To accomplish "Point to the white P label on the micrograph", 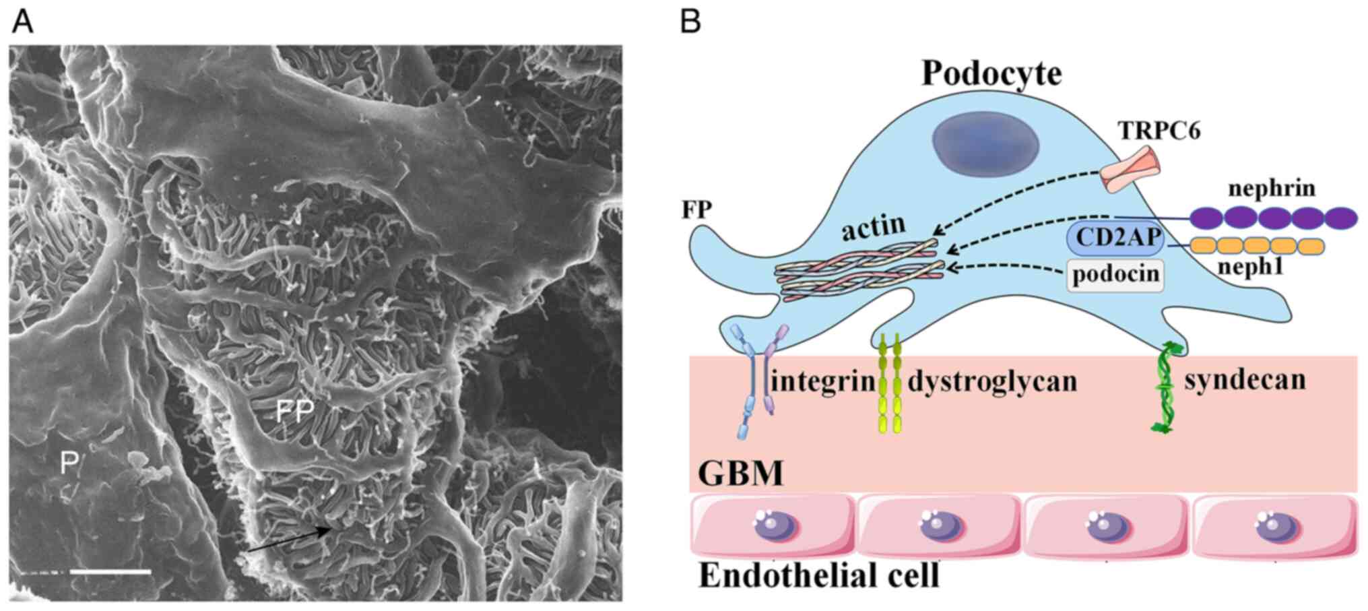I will [69, 463].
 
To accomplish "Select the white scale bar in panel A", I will [110, 571].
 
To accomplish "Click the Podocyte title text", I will [991, 73].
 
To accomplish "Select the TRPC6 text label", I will [1160, 130].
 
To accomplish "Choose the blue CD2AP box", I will [1114, 238].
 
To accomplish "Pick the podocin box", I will [1115, 274].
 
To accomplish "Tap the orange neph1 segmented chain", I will [1256, 246].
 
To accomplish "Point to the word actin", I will [874, 227].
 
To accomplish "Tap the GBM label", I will [740, 473].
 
